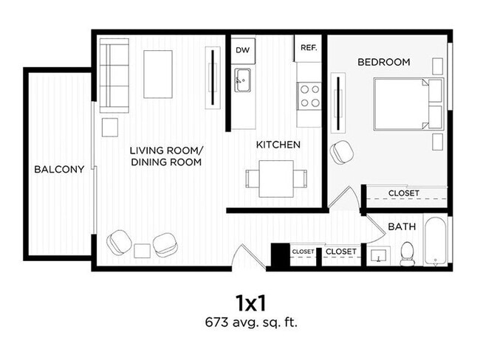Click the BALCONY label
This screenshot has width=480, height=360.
(x=59, y=169)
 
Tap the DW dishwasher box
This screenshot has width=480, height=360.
(x=241, y=50)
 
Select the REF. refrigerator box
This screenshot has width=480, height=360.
(x=308, y=47)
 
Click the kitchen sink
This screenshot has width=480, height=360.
(x=242, y=79)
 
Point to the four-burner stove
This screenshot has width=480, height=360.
(x=309, y=94)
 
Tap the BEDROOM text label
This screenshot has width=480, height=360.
(x=383, y=62)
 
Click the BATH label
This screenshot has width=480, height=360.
(x=402, y=227)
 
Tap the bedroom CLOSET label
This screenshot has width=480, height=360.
(x=403, y=193)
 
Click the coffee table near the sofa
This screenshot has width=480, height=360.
(x=158, y=74)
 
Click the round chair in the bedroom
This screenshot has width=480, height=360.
(x=341, y=152)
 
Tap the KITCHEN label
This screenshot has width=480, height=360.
(x=278, y=145)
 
